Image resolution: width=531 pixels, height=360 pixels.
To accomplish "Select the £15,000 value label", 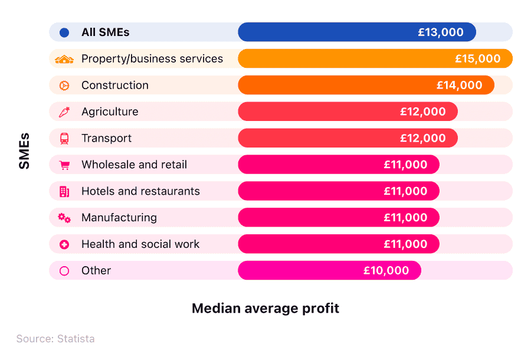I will pyautogui.click(x=477, y=58).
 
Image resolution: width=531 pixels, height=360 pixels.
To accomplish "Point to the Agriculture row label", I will pyautogui.click(x=110, y=112).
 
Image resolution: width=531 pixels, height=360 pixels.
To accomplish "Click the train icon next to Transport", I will pyautogui.click(x=64, y=138).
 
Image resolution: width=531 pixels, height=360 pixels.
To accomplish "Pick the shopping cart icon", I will pyautogui.click(x=64, y=165).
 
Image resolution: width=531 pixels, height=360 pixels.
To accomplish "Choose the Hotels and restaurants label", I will pyautogui.click(x=140, y=191).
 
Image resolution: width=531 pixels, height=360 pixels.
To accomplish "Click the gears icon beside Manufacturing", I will pyautogui.click(x=64, y=218).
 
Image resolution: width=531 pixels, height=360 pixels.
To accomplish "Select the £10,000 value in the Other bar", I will pyautogui.click(x=386, y=270).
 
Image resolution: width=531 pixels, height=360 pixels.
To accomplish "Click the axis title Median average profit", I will pyautogui.click(x=265, y=308).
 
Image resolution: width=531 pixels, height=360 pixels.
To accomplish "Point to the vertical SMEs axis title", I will pyautogui.click(x=24, y=151).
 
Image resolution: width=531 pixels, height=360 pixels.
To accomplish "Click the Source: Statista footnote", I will pyautogui.click(x=55, y=339).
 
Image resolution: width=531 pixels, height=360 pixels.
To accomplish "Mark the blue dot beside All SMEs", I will pyautogui.click(x=64, y=32).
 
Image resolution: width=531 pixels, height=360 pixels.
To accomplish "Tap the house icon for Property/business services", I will pyautogui.click(x=64, y=59).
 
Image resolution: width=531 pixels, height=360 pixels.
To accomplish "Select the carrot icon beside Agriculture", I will pyautogui.click(x=64, y=112).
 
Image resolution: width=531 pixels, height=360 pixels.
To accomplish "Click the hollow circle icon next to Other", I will pyautogui.click(x=64, y=271).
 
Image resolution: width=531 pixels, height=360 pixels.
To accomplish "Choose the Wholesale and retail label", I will pyautogui.click(x=134, y=165).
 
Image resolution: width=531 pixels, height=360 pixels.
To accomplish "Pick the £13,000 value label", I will pyautogui.click(x=441, y=32).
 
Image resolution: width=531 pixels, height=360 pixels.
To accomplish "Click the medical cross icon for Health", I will pyautogui.click(x=64, y=244).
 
